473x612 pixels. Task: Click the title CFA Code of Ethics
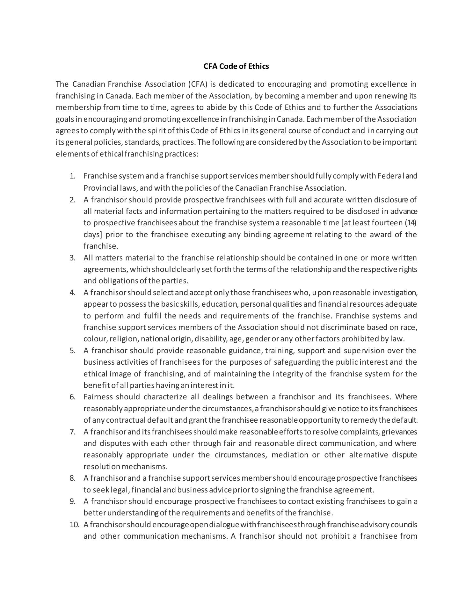[x=236, y=66]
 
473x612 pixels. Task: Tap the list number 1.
[x=72, y=176]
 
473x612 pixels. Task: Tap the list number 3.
[x=72, y=258]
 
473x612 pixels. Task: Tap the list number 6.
[x=72, y=397]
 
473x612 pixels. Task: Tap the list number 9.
[x=72, y=501]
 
